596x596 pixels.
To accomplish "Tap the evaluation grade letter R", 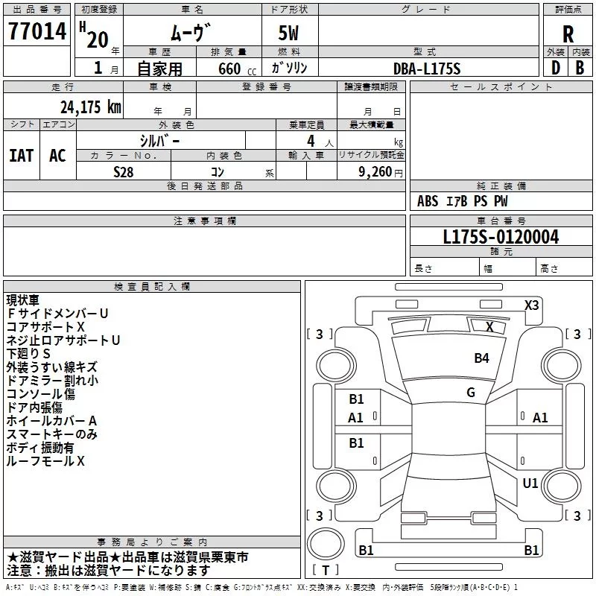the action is coord(568,34).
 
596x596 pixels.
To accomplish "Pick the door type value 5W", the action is coord(290,34).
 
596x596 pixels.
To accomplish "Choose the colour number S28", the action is coord(123,172).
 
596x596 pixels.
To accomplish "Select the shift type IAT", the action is coord(21,156).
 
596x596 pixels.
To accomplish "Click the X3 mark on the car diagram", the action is coord(531,305).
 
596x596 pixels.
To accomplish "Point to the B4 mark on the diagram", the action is coord(482,358).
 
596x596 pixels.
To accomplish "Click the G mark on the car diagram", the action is coord(470,393).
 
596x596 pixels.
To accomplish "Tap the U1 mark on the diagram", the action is coord(530,484).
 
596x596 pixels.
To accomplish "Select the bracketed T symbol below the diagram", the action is coord(326,570).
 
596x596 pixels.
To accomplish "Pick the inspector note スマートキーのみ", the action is coord(52,434).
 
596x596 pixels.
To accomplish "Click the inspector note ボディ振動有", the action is coord(40,448).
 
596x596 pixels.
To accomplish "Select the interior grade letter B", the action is coord(580,68).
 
